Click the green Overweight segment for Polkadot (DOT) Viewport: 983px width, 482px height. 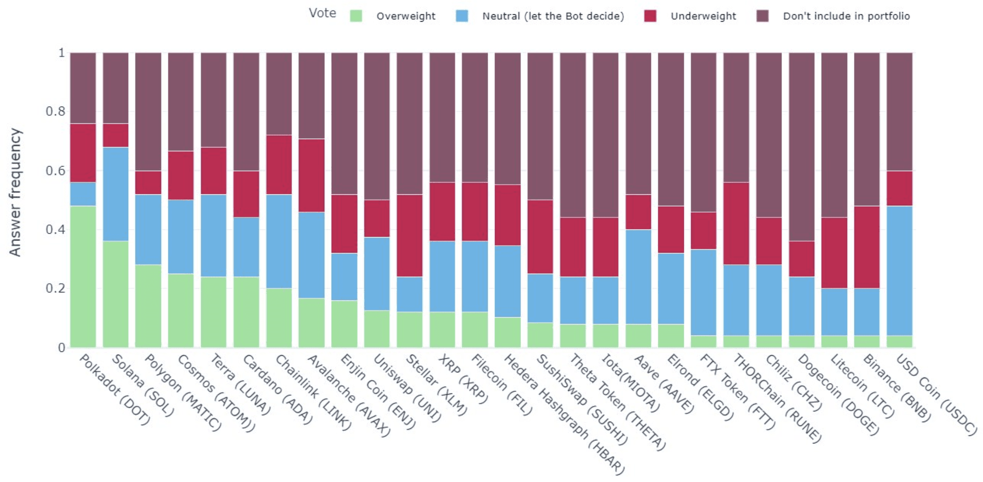pos(83,276)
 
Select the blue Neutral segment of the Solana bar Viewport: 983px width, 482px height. pos(116,194)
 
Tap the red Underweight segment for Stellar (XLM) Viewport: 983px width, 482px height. pos(410,235)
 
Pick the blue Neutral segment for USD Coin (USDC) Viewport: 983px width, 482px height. pos(899,271)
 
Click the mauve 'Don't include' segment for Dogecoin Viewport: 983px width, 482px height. pos(802,146)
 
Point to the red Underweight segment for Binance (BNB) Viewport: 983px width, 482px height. pos(867,247)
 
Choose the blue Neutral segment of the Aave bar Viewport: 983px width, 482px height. pos(638,277)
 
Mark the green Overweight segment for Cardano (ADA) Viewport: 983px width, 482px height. pos(246,312)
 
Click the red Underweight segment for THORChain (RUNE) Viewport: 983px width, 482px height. pos(736,223)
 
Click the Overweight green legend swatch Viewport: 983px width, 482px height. pos(356,16)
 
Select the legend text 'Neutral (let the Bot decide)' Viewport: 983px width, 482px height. pos(553,16)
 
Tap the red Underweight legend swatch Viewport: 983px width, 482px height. pos(650,16)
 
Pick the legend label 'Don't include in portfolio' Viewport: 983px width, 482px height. pos(846,16)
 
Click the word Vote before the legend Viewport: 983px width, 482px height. pos(322,13)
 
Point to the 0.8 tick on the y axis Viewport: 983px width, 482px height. pos(55,111)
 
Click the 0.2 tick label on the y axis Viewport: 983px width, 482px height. pos(55,288)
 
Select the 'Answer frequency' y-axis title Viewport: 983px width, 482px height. pos(15,193)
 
